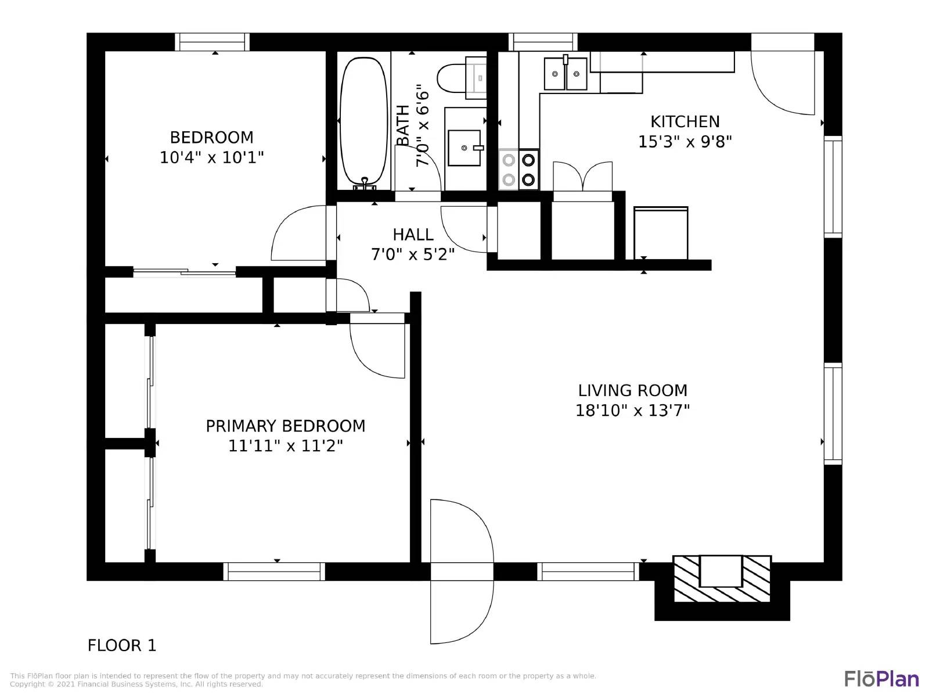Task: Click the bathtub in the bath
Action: (x=364, y=123)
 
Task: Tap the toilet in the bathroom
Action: (x=462, y=78)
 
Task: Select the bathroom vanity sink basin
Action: (x=464, y=148)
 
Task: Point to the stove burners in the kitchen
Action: (x=518, y=169)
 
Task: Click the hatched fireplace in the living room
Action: (x=722, y=579)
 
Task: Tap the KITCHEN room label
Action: (x=685, y=122)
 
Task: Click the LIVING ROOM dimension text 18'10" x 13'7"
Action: (x=632, y=411)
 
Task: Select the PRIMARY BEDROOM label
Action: (x=285, y=426)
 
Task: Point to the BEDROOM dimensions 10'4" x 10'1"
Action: (x=211, y=157)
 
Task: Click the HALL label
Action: (x=413, y=235)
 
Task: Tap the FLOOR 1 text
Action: (x=122, y=645)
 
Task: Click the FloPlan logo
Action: (x=881, y=679)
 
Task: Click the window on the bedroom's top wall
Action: (x=212, y=42)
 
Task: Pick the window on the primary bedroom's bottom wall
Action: (x=274, y=572)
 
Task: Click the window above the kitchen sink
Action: (x=543, y=42)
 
